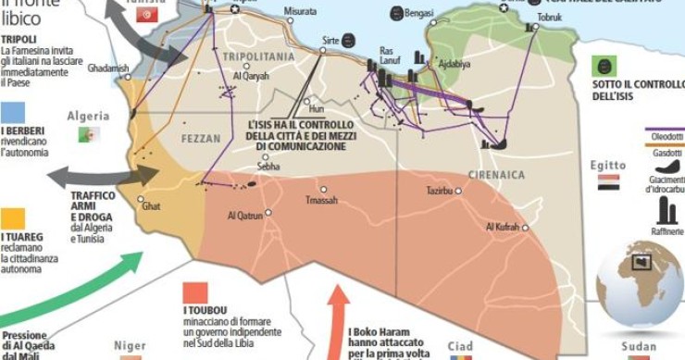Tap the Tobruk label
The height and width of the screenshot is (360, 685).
click(x=550, y=17)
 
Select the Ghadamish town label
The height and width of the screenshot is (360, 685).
click(x=107, y=68)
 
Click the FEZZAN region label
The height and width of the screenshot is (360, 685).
click(x=201, y=139)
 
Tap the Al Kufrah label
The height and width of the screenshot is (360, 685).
click(x=502, y=227)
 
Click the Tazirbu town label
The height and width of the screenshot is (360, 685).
click(x=441, y=191)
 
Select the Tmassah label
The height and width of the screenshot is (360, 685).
click(x=321, y=200)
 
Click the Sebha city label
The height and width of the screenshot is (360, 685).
click(x=268, y=167)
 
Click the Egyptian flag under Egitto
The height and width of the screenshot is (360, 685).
click(x=607, y=184)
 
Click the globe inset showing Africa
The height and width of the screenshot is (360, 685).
click(x=639, y=282)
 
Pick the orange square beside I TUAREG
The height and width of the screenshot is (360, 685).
click(x=13, y=218)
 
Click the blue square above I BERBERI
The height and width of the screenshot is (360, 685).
click(x=13, y=112)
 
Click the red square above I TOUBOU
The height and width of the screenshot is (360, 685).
click(x=195, y=293)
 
